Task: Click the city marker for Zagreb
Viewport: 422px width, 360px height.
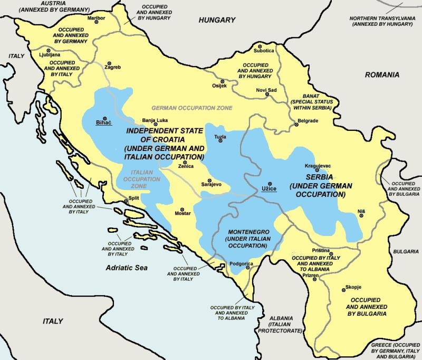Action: tap(110, 62)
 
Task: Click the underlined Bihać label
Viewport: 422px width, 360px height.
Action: tap(103, 122)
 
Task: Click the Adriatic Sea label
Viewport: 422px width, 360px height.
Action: tap(126, 268)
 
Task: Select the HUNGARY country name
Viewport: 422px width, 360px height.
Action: tap(216, 21)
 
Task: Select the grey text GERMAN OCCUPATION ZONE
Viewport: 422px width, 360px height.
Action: tap(191, 108)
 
